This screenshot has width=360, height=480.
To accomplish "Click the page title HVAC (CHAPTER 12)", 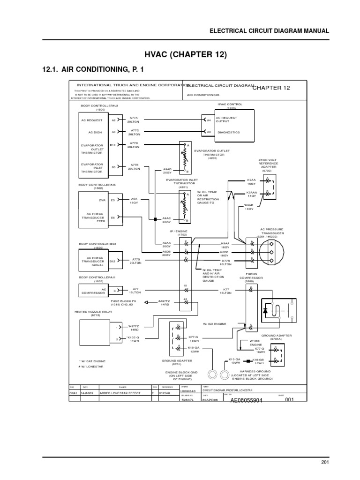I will point(180,55).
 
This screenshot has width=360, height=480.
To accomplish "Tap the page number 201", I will point(325,463).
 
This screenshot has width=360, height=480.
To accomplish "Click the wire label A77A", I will point(134,118).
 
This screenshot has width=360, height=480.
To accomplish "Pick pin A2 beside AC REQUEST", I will point(113,120).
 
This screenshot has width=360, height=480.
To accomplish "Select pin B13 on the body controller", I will point(113,145).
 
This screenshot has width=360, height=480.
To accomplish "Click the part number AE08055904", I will point(247,400).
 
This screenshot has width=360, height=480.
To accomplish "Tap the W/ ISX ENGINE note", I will point(214,324).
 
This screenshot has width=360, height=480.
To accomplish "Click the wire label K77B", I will point(225,260).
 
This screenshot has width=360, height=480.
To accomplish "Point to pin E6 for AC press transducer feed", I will point(112,217).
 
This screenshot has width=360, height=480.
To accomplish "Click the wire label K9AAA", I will point(251,192).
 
